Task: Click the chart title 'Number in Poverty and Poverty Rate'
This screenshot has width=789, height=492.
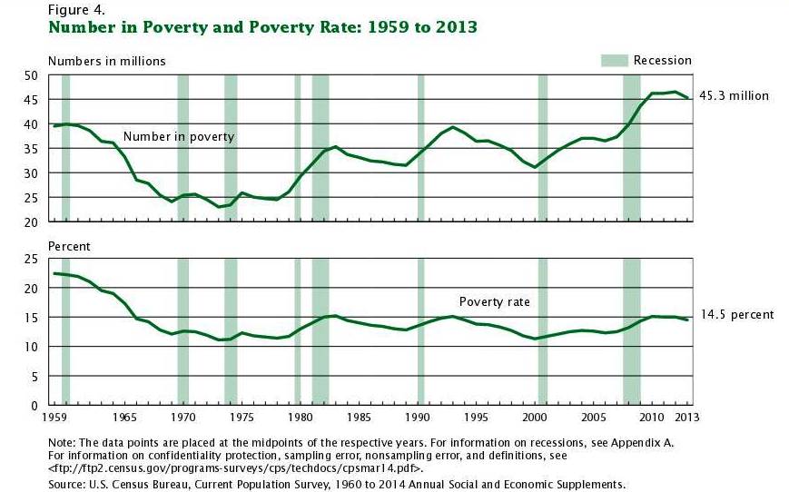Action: point(262,27)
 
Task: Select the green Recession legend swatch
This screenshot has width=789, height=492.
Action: point(614,61)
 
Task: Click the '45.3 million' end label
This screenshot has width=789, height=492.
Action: point(734,95)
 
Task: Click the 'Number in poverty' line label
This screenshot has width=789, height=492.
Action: point(179,137)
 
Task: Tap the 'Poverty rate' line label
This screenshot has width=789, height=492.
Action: point(494,302)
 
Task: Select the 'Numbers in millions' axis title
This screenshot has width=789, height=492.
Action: point(106,61)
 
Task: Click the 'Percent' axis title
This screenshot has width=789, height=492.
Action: point(69,246)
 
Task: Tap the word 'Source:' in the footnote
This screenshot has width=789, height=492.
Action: point(69,485)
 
